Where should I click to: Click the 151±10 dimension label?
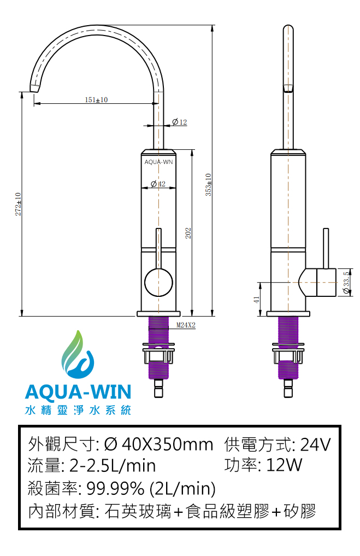click(x=96, y=100)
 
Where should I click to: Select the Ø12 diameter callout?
click(x=180, y=122)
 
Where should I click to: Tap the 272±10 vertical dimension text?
click(x=18, y=204)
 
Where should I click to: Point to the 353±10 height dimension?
click(x=208, y=184)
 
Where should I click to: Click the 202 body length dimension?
click(x=188, y=233)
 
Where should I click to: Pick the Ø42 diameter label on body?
click(x=158, y=184)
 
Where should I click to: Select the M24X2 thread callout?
click(x=186, y=325)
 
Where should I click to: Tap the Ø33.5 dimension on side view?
click(x=347, y=282)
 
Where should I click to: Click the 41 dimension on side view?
click(x=257, y=299)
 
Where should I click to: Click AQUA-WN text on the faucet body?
click(x=158, y=162)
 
